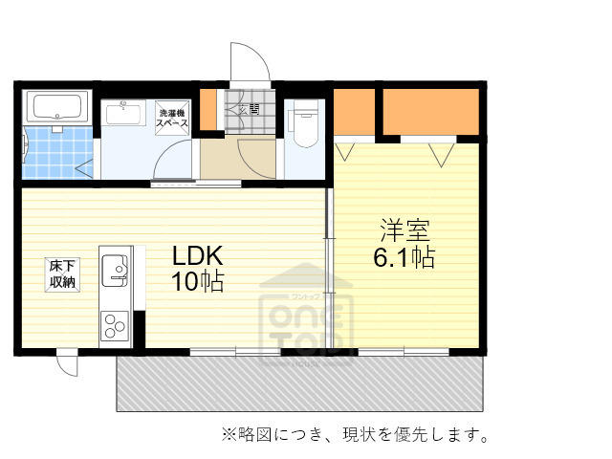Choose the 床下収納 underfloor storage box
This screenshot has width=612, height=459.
point(64,273)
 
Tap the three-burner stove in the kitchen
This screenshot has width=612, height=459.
point(114,325)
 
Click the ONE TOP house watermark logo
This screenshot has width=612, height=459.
point(306,306)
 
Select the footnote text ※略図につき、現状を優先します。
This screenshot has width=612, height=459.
point(356,435)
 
